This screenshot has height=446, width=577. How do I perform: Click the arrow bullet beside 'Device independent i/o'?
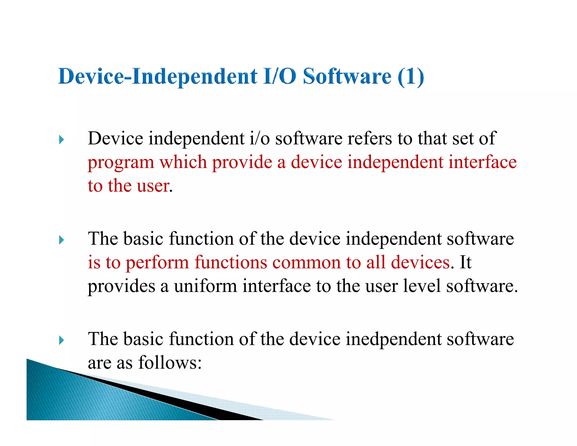(61, 140)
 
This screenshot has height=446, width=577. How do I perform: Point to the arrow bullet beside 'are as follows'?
(61, 340)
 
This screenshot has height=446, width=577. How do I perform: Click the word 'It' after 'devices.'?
(465, 262)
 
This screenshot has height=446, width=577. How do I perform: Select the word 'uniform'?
(205, 286)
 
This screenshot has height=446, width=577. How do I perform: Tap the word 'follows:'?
(170, 363)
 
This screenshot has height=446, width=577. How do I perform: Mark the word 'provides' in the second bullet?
(121, 286)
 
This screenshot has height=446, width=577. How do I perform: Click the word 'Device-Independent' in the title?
(158, 77)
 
